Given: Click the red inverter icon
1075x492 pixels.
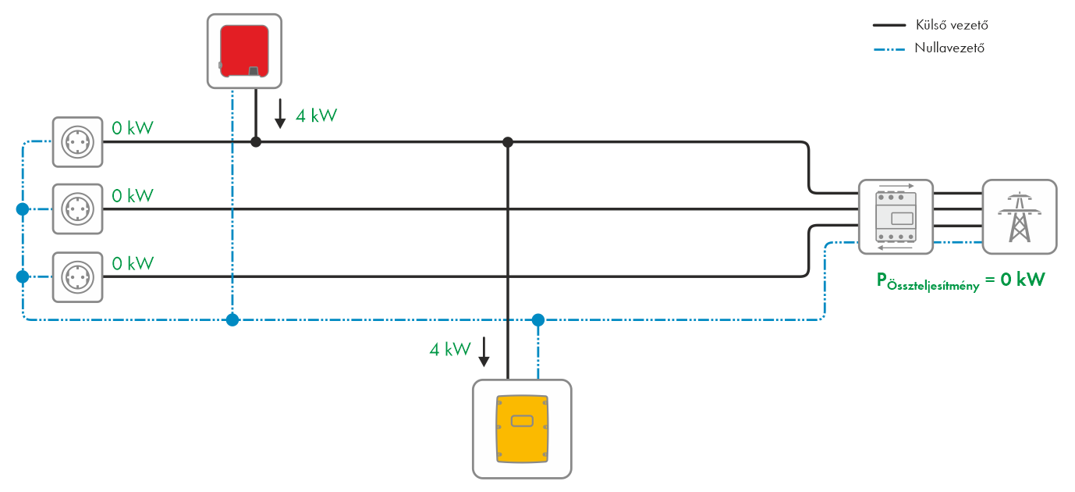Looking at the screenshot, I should click(x=245, y=51).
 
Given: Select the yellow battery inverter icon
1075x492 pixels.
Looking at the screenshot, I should click(x=522, y=428).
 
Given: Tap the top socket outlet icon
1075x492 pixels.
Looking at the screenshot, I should click(x=78, y=142).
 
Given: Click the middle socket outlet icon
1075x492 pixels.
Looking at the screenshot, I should click(x=78, y=209).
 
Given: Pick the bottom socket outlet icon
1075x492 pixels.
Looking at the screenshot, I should click(x=78, y=276).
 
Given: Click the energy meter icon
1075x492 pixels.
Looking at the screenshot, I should click(x=896, y=217).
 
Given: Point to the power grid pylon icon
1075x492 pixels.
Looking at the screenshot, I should click(x=1019, y=217).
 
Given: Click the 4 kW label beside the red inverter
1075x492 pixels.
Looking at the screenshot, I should click(x=316, y=116).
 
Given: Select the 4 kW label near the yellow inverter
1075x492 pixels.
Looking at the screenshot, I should click(x=450, y=349).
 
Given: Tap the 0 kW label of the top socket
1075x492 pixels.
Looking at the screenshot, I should click(x=133, y=127).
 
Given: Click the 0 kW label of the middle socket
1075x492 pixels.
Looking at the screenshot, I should click(x=133, y=194).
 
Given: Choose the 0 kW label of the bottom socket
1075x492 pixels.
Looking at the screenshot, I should click(x=133, y=262).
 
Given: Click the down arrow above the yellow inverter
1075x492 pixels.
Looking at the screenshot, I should click(x=484, y=351).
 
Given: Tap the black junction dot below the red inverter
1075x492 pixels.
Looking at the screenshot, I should click(x=255, y=142).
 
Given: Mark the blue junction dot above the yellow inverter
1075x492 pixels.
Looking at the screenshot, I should click(x=537, y=319).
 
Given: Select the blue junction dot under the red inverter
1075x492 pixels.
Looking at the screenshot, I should click(x=232, y=319).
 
